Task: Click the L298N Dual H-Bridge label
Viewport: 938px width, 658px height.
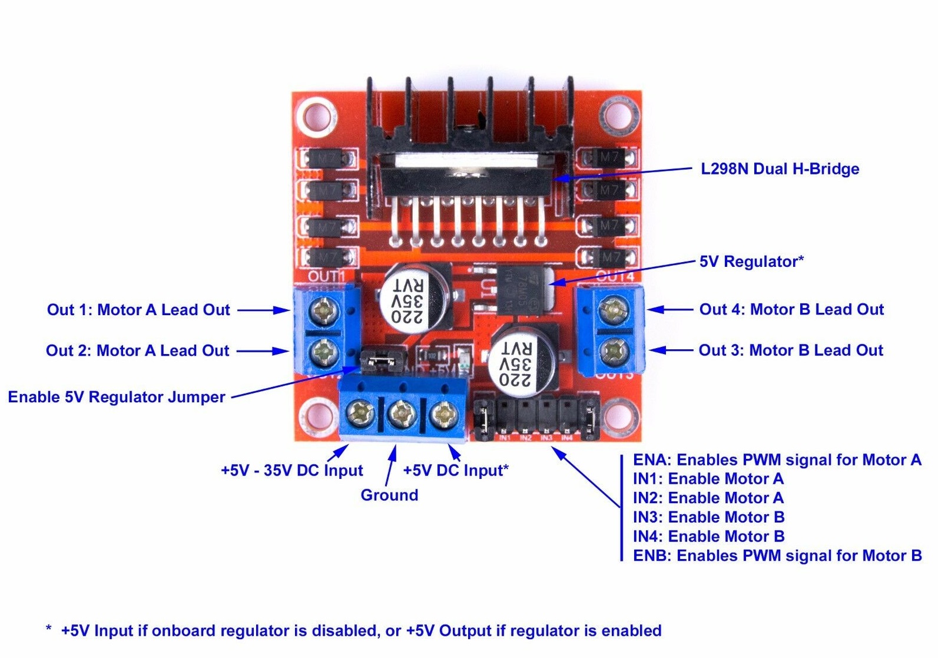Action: click(x=779, y=169)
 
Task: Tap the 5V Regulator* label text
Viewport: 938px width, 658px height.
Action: click(x=751, y=262)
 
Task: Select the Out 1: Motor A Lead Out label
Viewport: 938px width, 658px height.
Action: click(x=138, y=310)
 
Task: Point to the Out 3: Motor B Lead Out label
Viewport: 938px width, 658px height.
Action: click(x=790, y=351)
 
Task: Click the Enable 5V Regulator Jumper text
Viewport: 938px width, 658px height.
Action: click(x=117, y=397)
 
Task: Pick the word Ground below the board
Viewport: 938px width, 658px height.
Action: click(x=389, y=495)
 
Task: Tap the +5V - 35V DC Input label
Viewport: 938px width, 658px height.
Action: click(x=291, y=471)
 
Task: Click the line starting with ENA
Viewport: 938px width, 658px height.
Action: click(x=777, y=459)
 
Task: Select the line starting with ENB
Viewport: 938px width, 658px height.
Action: click(x=777, y=556)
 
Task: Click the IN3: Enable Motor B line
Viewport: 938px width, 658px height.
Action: click(x=708, y=517)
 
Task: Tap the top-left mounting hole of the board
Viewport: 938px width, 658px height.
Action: click(x=316, y=114)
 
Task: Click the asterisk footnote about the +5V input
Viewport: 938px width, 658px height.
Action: click(x=353, y=631)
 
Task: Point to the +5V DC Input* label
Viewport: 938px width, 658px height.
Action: click(x=456, y=471)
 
